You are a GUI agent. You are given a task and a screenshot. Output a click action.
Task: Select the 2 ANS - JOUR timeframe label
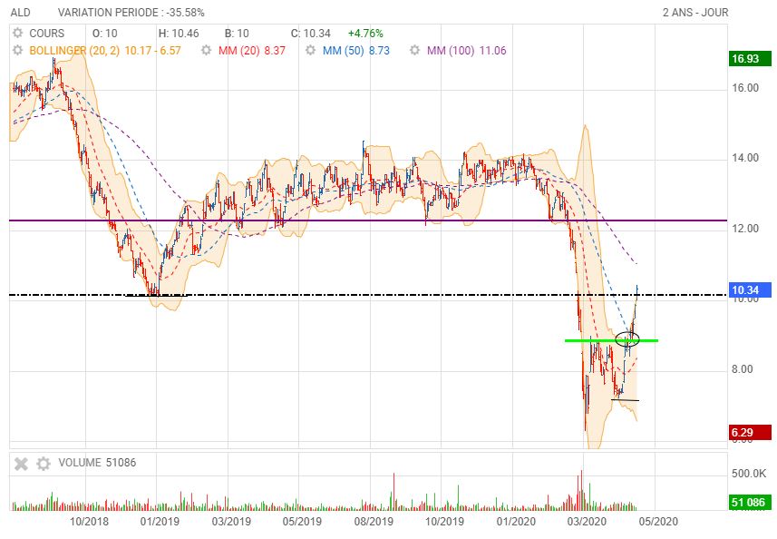[695, 13]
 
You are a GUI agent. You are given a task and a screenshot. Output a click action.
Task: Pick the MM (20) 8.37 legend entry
[252, 51]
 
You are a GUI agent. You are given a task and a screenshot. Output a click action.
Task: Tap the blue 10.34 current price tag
[746, 290]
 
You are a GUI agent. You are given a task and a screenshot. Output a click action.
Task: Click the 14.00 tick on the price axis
[746, 159]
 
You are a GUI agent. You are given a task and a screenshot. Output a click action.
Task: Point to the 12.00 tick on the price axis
[746, 229]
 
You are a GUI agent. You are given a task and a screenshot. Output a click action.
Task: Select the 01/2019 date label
[160, 522]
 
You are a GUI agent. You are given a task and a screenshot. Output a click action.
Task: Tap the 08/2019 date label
[372, 522]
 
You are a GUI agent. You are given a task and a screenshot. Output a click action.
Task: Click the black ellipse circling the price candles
[626, 340]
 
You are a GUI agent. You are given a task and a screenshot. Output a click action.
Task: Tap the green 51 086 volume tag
[749, 502]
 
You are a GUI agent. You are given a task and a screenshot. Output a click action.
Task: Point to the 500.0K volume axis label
[749, 474]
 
